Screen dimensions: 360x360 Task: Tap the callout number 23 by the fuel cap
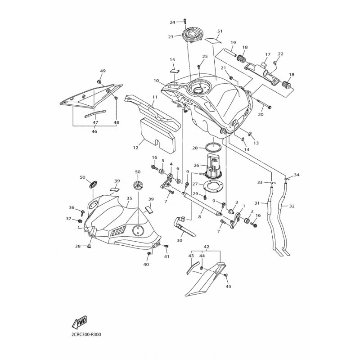point(171,37)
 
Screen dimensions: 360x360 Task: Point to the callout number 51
point(220,31)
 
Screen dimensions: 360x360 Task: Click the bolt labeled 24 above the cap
point(184,21)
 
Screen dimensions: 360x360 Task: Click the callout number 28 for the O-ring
point(195,148)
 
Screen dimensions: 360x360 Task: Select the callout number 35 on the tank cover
point(129,198)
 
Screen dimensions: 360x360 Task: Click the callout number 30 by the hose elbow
point(180,240)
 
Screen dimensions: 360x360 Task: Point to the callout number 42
point(207,247)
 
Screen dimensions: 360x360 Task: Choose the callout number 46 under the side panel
point(94,132)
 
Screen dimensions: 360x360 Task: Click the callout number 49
point(103,71)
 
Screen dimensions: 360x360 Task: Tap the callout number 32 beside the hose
point(292,206)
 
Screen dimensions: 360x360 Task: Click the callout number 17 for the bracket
point(267,54)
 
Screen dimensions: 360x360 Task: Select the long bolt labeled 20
point(265,107)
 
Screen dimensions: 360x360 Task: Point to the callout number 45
point(228,286)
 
